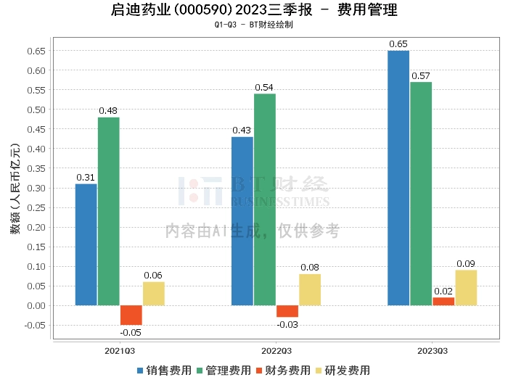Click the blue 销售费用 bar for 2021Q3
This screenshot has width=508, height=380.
pos(86,244)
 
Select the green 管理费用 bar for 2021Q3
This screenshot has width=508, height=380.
pos(108,211)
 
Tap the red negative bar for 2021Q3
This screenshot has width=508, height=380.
pos(131,315)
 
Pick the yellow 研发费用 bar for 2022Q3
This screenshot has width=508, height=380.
pos(309,289)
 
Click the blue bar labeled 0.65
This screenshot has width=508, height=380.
pos(398,178)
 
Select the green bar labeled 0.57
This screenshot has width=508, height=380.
pos(420,194)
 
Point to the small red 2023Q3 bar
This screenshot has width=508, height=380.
pos(443,301)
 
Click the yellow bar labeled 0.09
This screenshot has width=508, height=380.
pos(466,287)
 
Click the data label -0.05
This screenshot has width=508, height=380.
pos(131,332)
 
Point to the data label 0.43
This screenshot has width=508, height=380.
pos(242,131)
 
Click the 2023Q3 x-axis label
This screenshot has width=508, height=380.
pos(431,350)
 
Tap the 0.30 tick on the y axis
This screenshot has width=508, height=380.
pos(36,188)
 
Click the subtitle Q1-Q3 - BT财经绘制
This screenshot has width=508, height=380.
pos(253,25)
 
